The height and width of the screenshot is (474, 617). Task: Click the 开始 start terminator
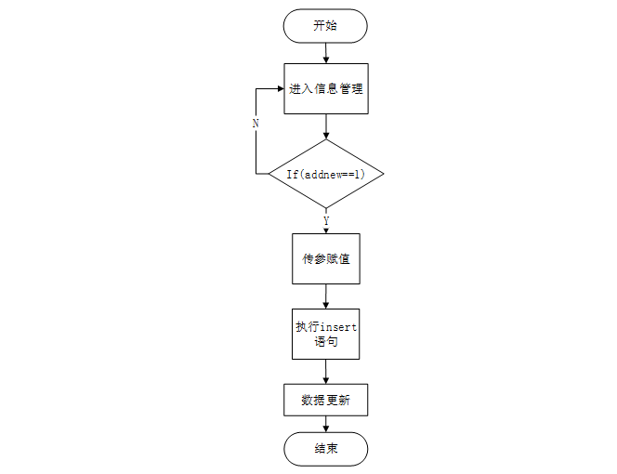(x=325, y=26)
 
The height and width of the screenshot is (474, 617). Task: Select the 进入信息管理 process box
(x=325, y=89)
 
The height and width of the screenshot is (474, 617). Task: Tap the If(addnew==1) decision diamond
(x=325, y=174)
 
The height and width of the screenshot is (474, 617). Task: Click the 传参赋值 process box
(x=325, y=258)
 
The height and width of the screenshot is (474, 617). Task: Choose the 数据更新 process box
(x=325, y=401)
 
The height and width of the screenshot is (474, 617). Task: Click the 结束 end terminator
(x=325, y=450)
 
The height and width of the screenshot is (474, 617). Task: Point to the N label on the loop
(x=256, y=123)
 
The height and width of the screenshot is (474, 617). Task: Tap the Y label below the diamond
(x=325, y=220)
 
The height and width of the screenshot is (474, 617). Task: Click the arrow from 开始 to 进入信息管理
(x=325, y=53)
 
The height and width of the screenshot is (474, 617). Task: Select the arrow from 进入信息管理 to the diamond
(x=325, y=126)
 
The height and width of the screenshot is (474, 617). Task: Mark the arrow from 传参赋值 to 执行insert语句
(x=325, y=296)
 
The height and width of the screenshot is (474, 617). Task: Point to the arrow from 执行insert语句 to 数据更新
(x=325, y=372)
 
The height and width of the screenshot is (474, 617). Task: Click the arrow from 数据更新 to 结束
(x=325, y=425)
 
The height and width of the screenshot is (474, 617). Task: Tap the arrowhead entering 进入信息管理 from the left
(x=279, y=89)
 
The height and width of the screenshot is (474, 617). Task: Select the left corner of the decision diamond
(x=270, y=174)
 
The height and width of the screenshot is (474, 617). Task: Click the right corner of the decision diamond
(x=382, y=174)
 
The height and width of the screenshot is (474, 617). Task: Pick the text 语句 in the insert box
(x=325, y=343)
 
